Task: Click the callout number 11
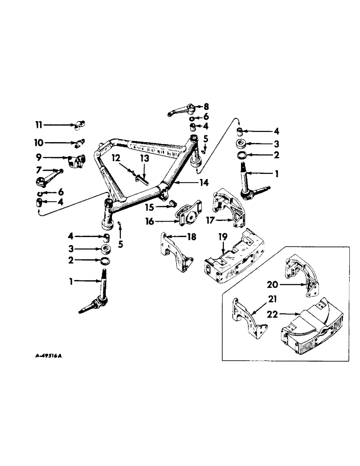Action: (x=39, y=125)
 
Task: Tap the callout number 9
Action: (x=39, y=158)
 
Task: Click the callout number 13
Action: (x=145, y=159)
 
